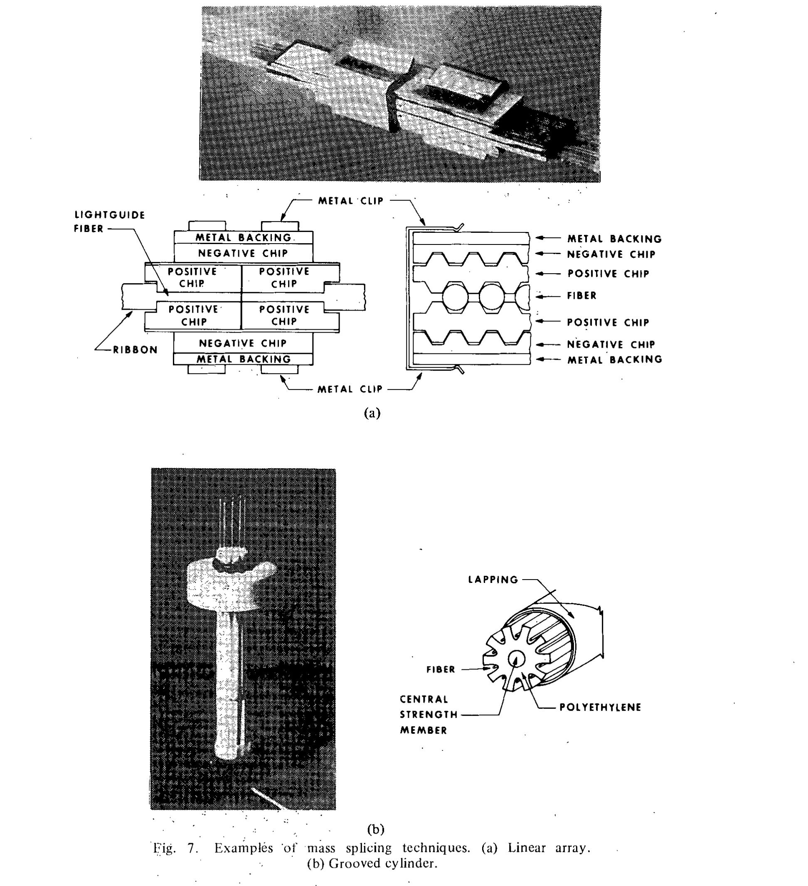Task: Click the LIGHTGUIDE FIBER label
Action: (109, 222)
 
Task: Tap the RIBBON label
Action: (135, 350)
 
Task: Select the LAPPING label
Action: (493, 580)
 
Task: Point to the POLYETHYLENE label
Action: (600, 707)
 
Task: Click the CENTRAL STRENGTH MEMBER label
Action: (424, 714)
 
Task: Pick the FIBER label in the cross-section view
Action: (582, 296)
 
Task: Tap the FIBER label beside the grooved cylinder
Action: (441, 669)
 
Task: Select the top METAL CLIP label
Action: (351, 201)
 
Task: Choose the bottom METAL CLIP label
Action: (350, 389)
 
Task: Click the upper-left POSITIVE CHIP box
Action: (192, 277)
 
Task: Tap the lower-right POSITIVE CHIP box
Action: (284, 315)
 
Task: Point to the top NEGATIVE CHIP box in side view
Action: (243, 253)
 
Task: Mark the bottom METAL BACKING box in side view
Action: (244, 359)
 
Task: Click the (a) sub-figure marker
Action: (372, 413)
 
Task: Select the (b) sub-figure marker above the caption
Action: (376, 829)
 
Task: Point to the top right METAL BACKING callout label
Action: (614, 239)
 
